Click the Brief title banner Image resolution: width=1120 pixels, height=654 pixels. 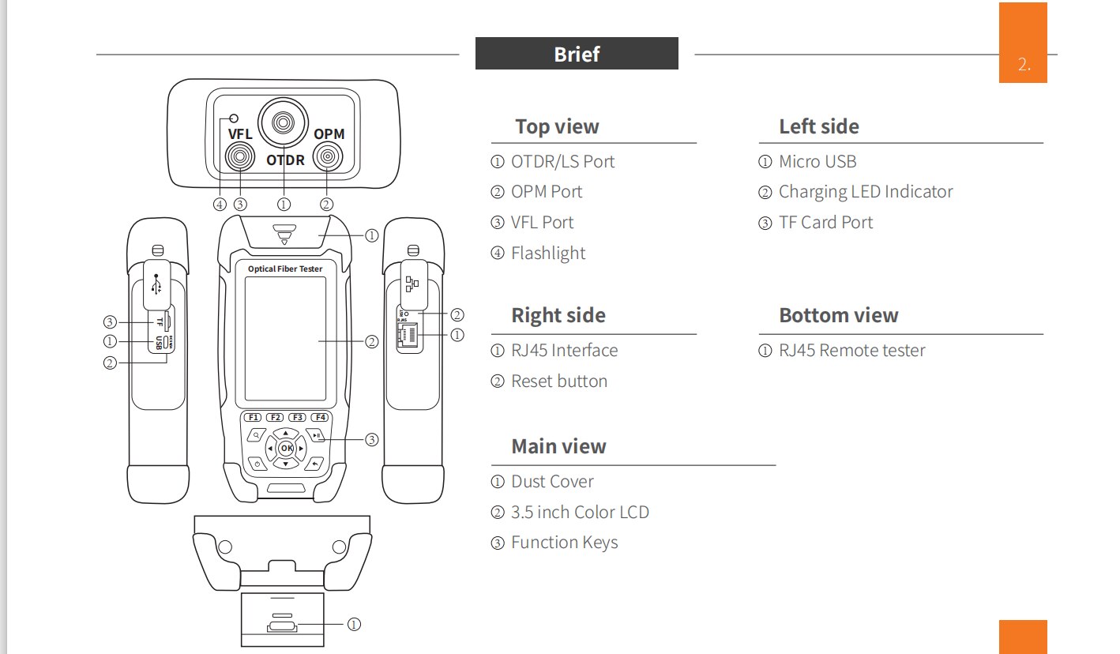coord(577,54)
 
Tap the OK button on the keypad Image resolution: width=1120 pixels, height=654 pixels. coord(286,448)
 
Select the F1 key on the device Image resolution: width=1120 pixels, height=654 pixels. coord(252,417)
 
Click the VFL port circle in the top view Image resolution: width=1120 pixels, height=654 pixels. coord(240,157)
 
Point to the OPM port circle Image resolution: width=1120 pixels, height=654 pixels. coord(328,156)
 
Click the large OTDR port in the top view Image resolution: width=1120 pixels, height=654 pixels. coord(283,122)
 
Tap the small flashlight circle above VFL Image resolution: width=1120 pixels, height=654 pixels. coord(234,118)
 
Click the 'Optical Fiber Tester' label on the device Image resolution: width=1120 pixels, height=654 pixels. coord(285,269)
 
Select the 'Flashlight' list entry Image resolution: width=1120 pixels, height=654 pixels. coord(548,253)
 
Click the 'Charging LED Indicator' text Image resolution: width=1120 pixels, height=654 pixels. coord(866,191)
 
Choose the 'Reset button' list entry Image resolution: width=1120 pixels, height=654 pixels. coord(559,381)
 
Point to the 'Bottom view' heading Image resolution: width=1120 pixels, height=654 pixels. coord(839,315)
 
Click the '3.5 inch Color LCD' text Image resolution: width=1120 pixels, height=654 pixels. coord(580,512)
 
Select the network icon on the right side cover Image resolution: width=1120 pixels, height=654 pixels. coord(412,284)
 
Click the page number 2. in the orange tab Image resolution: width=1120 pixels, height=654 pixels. coord(1024,64)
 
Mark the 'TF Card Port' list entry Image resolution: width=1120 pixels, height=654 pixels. coord(825,222)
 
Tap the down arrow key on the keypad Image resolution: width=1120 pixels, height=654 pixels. coord(285,464)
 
